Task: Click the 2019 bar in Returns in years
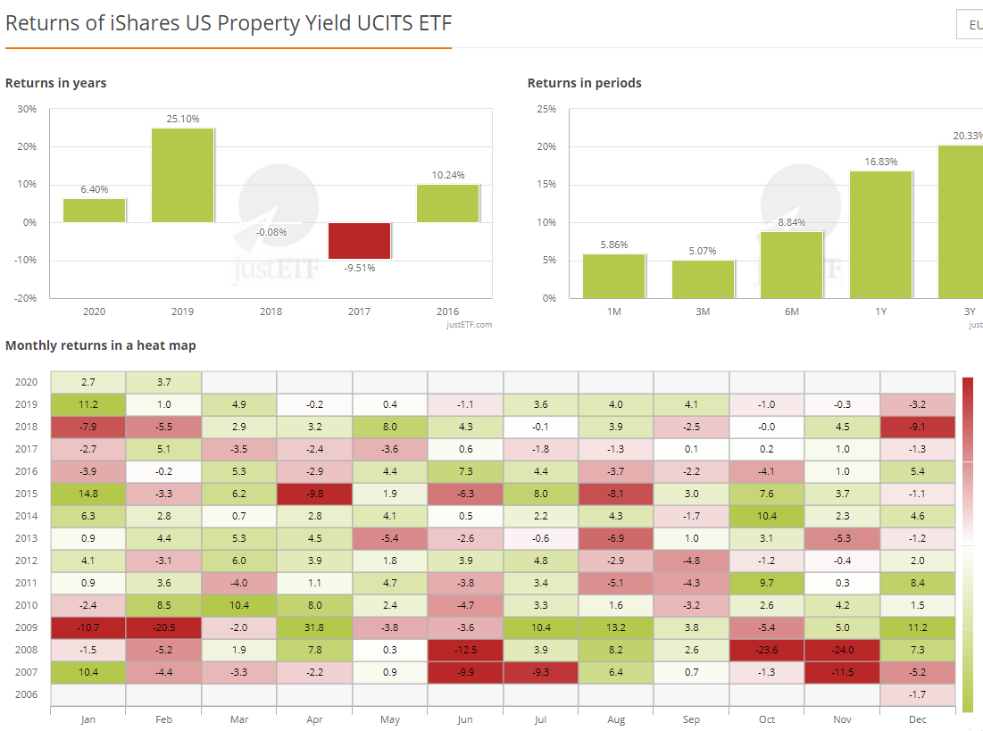[182, 175]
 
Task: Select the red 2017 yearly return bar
[359, 240]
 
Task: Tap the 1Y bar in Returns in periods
[880, 234]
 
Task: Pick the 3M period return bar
[703, 278]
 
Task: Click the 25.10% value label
[182, 119]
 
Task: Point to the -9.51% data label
[359, 268]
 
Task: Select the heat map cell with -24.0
[842, 650]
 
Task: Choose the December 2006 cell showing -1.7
[918, 694]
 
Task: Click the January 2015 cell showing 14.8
[87, 493]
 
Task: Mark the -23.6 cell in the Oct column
[767, 650]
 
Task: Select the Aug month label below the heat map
[616, 719]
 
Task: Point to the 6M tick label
[791, 312]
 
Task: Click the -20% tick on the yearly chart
[27, 298]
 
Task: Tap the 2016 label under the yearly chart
[447, 312]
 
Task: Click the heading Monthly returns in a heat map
[101, 345]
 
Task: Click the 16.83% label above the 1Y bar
[880, 162]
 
